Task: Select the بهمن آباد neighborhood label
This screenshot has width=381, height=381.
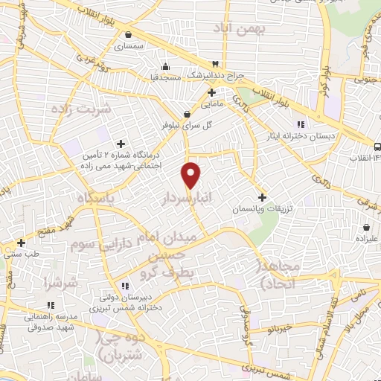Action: point(233,28)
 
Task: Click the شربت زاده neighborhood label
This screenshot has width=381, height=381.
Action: point(80,109)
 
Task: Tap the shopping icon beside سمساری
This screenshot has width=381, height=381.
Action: point(129,34)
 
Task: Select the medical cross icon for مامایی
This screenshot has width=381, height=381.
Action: point(212,93)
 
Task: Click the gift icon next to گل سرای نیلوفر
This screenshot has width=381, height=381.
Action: point(173,113)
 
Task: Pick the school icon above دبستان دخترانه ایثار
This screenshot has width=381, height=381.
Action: point(301,124)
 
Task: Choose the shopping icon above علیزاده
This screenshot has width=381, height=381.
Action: point(367,227)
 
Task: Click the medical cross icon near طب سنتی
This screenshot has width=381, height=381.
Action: point(22,243)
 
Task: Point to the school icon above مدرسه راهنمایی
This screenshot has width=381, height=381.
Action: point(51,305)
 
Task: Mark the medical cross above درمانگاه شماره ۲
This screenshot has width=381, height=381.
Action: point(121,144)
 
